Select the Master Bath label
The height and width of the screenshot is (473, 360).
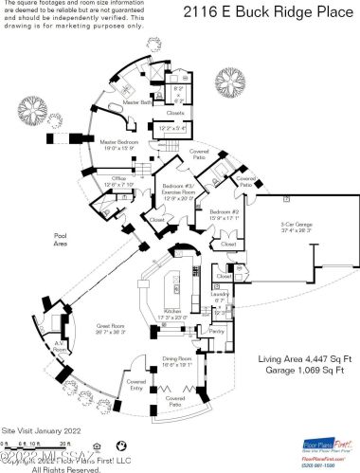139,101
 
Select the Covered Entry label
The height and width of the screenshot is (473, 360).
136,386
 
